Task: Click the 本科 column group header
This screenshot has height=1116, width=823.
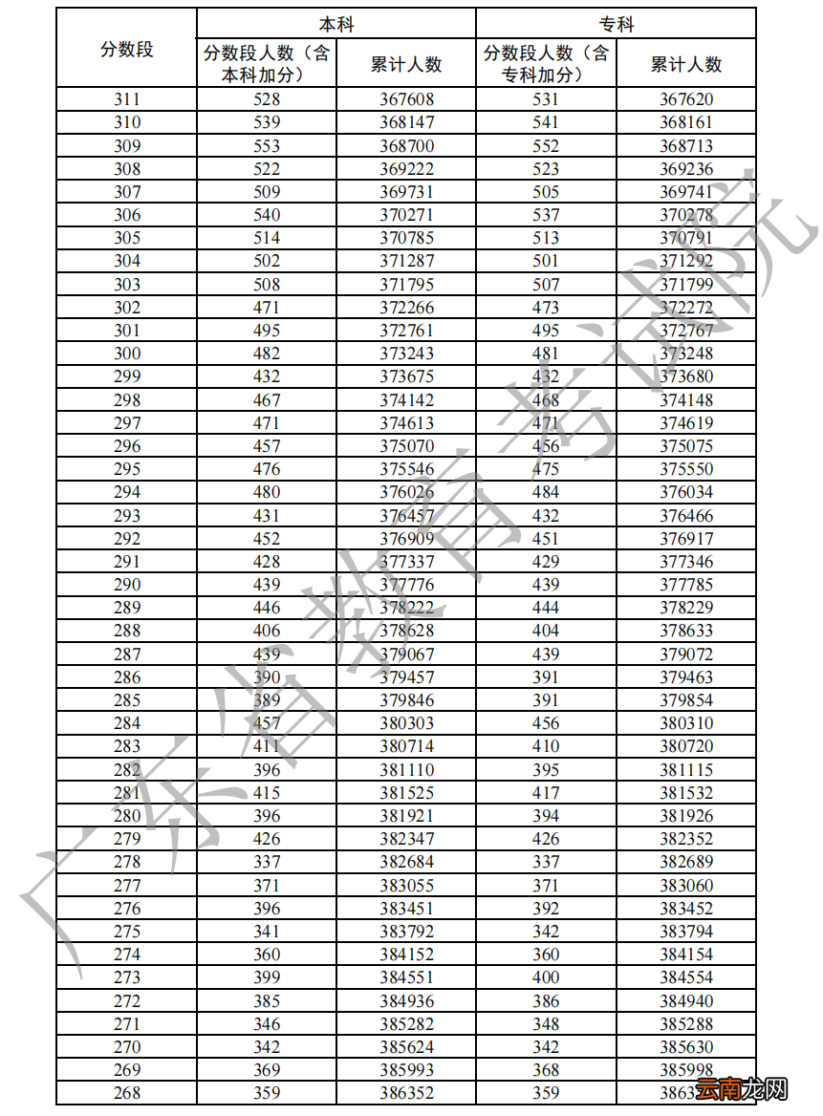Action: [x=336, y=24]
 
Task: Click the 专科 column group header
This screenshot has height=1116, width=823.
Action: [x=616, y=24]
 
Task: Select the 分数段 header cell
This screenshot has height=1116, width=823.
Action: [x=126, y=49]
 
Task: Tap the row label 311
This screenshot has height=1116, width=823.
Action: [x=126, y=99]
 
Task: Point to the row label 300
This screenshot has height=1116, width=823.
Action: [x=126, y=354]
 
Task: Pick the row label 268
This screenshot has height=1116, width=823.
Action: [x=126, y=1093]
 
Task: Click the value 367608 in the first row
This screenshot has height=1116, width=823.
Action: [x=406, y=99]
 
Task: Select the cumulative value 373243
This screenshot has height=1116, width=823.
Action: [x=406, y=354]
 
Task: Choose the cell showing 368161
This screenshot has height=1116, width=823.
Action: [x=686, y=122]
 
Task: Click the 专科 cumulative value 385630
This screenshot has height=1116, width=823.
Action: [x=686, y=1047]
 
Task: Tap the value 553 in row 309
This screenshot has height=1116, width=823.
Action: [x=267, y=146]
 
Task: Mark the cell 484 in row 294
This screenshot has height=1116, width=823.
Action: [x=546, y=492]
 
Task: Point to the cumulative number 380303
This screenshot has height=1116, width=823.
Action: [x=406, y=723]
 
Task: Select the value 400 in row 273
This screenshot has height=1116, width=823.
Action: [x=546, y=977]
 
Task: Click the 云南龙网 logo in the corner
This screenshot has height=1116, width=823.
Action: [x=741, y=1089]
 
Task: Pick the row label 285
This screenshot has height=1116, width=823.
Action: [x=126, y=700]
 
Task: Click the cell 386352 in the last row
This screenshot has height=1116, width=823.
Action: [x=406, y=1093]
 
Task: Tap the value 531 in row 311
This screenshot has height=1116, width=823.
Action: [x=546, y=99]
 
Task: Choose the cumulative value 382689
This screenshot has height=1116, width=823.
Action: [x=686, y=862]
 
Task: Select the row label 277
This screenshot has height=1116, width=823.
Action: [x=126, y=885]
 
